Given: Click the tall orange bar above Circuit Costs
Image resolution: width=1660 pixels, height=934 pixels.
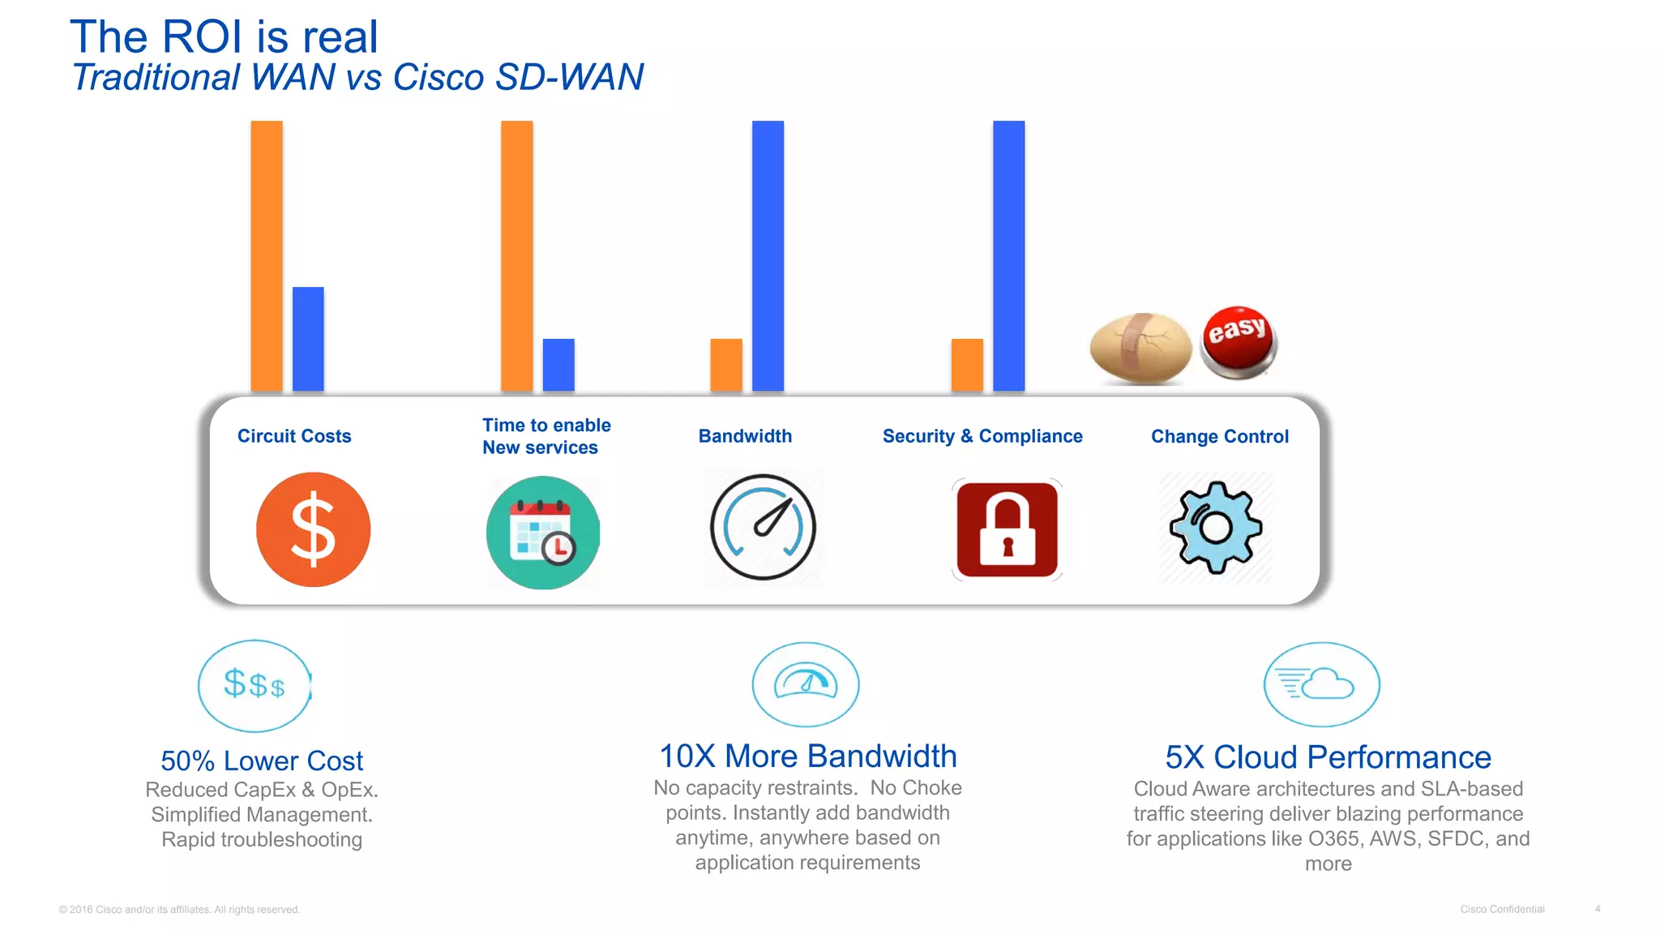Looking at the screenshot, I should coord(267,255).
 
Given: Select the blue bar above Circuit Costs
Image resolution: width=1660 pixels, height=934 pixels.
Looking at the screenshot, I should coord(308,339).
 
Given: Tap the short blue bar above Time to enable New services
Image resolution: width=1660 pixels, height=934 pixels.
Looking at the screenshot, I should coord(558,365).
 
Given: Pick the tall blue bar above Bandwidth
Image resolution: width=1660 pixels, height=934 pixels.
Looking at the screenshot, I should coord(768,255).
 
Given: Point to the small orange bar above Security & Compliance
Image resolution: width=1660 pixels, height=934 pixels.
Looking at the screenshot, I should coord(967,365).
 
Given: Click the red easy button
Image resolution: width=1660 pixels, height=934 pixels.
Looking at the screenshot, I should coord(1238,341).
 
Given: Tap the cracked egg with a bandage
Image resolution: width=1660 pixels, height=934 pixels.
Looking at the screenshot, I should coord(1140,348).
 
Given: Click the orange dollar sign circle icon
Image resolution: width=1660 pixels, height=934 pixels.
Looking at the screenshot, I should coord(313,529).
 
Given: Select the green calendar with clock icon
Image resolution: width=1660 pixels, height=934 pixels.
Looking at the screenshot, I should coord(543,532).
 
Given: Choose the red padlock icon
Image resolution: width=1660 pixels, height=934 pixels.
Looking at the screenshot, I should coord(1007,529).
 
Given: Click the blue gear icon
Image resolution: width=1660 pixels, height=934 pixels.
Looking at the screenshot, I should coord(1216,527).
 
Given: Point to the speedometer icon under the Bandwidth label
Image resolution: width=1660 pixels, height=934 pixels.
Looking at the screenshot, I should coord(763,527).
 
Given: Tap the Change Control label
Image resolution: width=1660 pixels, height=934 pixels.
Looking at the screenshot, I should coord(1219,436).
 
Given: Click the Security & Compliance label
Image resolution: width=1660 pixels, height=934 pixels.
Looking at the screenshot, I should coord(982,436).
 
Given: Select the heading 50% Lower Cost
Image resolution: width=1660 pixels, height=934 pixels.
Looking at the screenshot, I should coord(262,760).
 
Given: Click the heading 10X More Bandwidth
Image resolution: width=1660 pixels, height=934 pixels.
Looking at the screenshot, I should coord(807,756).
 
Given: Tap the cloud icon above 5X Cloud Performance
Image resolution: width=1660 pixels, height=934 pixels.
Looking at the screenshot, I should coord(1321,684).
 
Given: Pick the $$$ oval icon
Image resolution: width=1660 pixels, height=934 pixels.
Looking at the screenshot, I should coord(255,685).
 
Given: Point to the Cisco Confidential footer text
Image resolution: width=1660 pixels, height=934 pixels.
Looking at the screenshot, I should coord(1502,909).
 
